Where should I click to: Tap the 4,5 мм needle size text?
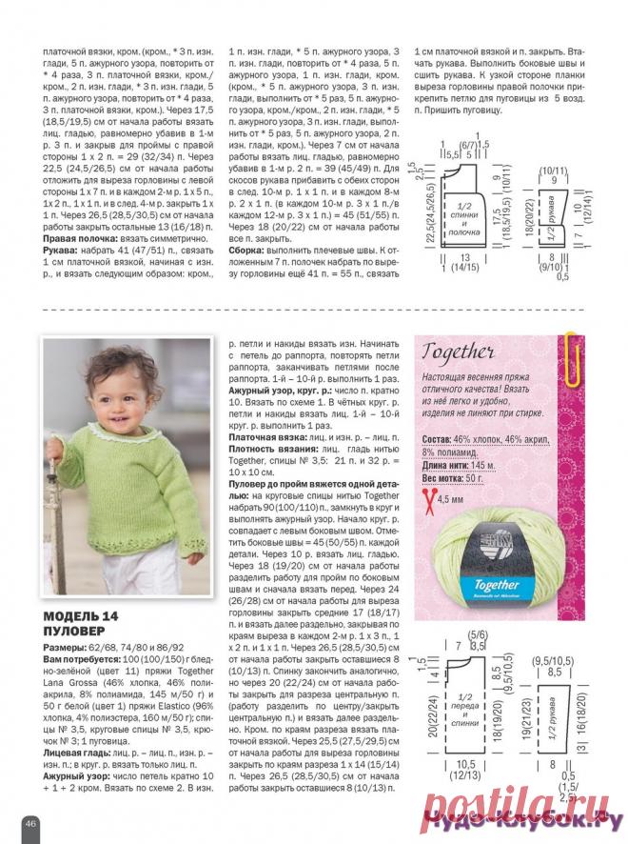click(x=453, y=499)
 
